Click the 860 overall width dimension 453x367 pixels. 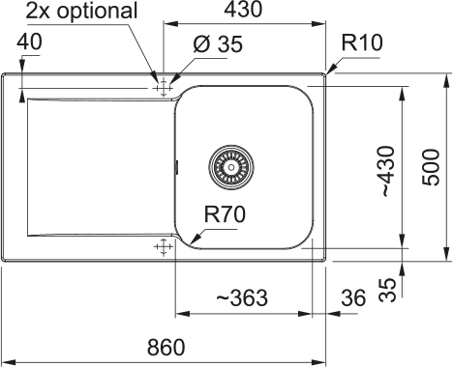tap(166, 347)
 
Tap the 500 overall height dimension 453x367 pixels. tap(431, 167)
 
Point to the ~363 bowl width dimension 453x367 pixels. tap(242, 297)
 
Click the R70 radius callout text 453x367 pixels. tap(225, 214)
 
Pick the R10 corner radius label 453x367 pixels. tap(362, 42)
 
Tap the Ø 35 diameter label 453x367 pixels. tap(218, 44)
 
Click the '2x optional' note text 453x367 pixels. tap(81, 11)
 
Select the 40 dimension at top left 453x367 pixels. tap(29, 42)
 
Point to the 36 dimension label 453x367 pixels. tap(353, 297)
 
